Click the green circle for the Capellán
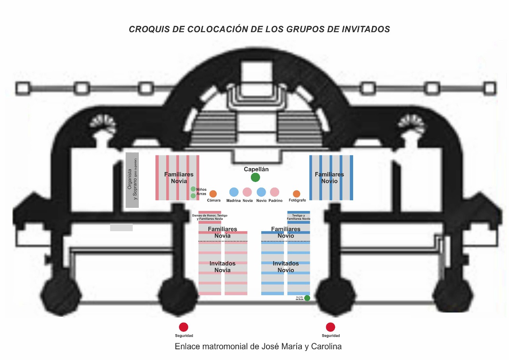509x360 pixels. [255, 178]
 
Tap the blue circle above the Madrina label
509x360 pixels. [234, 192]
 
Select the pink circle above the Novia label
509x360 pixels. [247, 192]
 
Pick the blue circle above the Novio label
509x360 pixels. [261, 192]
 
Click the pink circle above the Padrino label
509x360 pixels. [275, 192]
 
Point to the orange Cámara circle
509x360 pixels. [213, 194]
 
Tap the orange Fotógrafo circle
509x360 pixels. [297, 194]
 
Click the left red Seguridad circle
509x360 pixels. [183, 327]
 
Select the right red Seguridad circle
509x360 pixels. [330, 327]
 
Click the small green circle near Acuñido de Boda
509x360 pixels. [307, 298]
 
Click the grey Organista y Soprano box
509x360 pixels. [132, 180]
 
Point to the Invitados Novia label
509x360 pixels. [222, 267]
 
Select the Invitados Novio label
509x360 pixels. [286, 267]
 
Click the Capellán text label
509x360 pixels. [256, 169]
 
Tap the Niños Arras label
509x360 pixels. [202, 192]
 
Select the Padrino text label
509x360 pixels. [275, 201]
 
